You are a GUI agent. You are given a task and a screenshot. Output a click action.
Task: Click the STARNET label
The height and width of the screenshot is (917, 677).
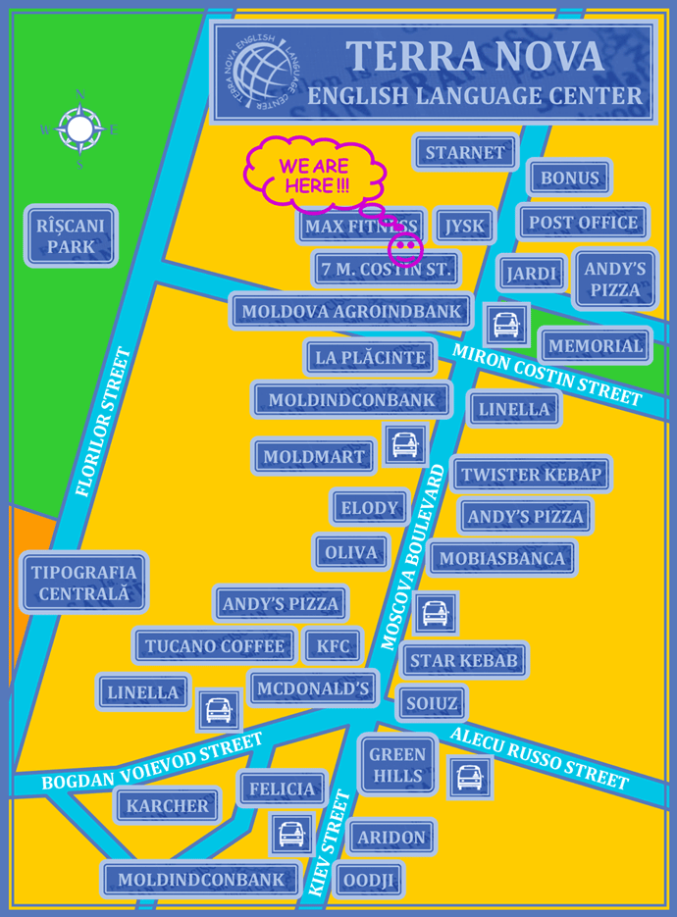(465, 153)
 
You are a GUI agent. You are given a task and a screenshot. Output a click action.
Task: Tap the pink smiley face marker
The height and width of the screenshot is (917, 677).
(405, 247)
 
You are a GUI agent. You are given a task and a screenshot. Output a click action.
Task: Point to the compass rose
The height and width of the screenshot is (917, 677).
(79, 128)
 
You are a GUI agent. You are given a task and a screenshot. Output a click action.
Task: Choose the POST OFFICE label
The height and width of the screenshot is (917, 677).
(583, 223)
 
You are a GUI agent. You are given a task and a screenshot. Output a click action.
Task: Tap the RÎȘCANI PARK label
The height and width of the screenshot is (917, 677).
(71, 236)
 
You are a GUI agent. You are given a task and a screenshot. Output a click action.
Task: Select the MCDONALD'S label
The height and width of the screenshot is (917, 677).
(313, 688)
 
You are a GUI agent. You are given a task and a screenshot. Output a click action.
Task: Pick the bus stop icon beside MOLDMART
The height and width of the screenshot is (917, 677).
(404, 446)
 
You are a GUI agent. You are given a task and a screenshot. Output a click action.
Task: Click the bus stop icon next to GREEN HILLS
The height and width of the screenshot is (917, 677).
(469, 778)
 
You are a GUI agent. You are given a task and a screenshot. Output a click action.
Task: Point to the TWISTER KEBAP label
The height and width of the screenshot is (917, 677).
(531, 475)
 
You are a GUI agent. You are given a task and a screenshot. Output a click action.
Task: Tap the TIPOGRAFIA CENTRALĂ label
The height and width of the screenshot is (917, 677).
(83, 583)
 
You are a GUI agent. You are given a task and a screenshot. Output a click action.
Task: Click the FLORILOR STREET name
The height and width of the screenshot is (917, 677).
(103, 423)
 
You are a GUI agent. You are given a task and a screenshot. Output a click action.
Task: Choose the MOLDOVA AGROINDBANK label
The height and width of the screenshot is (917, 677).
(351, 312)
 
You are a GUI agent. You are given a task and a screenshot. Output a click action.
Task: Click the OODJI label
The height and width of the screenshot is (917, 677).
(369, 881)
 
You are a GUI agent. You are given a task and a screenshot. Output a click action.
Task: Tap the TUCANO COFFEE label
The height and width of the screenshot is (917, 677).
(215, 646)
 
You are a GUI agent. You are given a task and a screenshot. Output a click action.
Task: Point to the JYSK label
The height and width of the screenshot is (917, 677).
(464, 227)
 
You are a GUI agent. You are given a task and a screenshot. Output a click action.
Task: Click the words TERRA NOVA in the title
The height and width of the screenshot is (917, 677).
(475, 57)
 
